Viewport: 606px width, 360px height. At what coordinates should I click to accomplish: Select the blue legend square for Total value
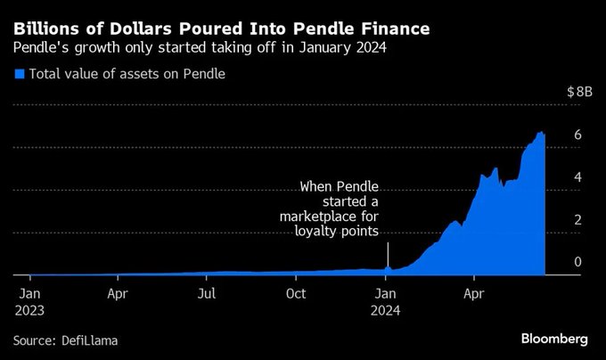(20, 74)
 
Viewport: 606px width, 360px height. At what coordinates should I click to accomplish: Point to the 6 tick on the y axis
(577, 134)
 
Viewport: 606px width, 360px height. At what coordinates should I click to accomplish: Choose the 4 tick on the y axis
(577, 176)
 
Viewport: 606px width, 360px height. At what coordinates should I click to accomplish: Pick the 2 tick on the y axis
(577, 219)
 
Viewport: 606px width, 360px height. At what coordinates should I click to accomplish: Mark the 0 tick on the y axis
(577, 261)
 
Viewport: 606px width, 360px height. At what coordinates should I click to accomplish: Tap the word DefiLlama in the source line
(91, 340)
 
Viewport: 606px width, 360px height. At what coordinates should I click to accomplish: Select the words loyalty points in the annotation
(337, 232)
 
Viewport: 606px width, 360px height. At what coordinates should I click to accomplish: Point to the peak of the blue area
(540, 132)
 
